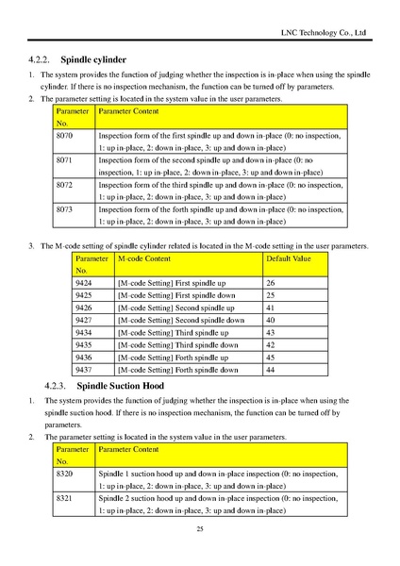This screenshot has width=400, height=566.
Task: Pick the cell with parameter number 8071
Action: [66, 161]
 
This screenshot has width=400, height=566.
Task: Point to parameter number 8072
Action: [66, 186]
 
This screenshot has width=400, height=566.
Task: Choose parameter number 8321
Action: [66, 497]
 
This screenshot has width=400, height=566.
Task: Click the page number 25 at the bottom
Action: [200, 530]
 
